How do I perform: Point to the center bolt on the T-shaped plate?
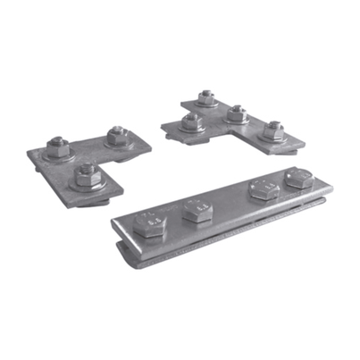(237, 115)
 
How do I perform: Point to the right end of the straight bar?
(327, 189)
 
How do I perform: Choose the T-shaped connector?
(232, 122)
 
